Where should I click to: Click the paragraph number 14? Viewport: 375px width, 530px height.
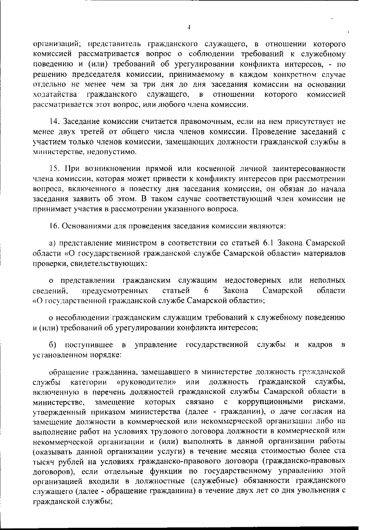point(54,121)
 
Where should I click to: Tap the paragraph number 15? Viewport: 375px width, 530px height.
point(54,169)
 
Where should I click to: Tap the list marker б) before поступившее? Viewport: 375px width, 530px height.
point(53,345)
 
